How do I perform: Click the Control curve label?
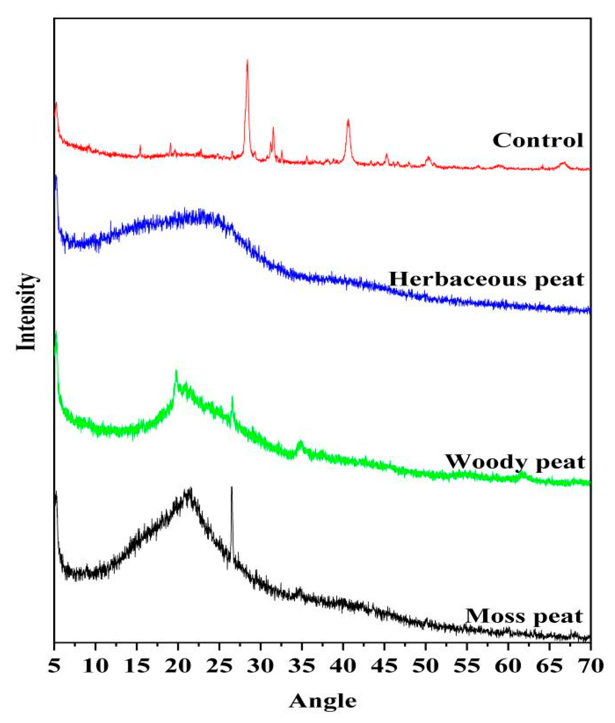click(538, 141)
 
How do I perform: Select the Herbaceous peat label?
click(486, 279)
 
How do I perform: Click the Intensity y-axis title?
click(26, 311)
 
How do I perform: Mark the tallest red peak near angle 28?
click(248, 61)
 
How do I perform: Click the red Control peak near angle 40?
click(348, 121)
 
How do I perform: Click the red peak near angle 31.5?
click(273, 128)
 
